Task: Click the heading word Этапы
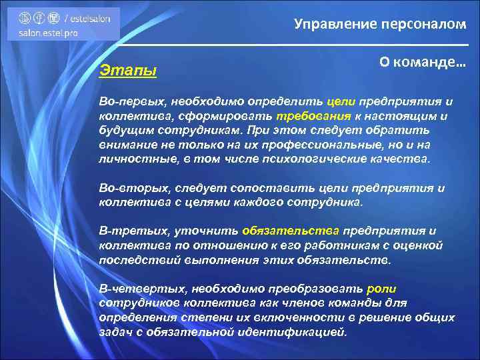pos(127,69)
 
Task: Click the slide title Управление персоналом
pos(381,25)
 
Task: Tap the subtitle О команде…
pos(423,62)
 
